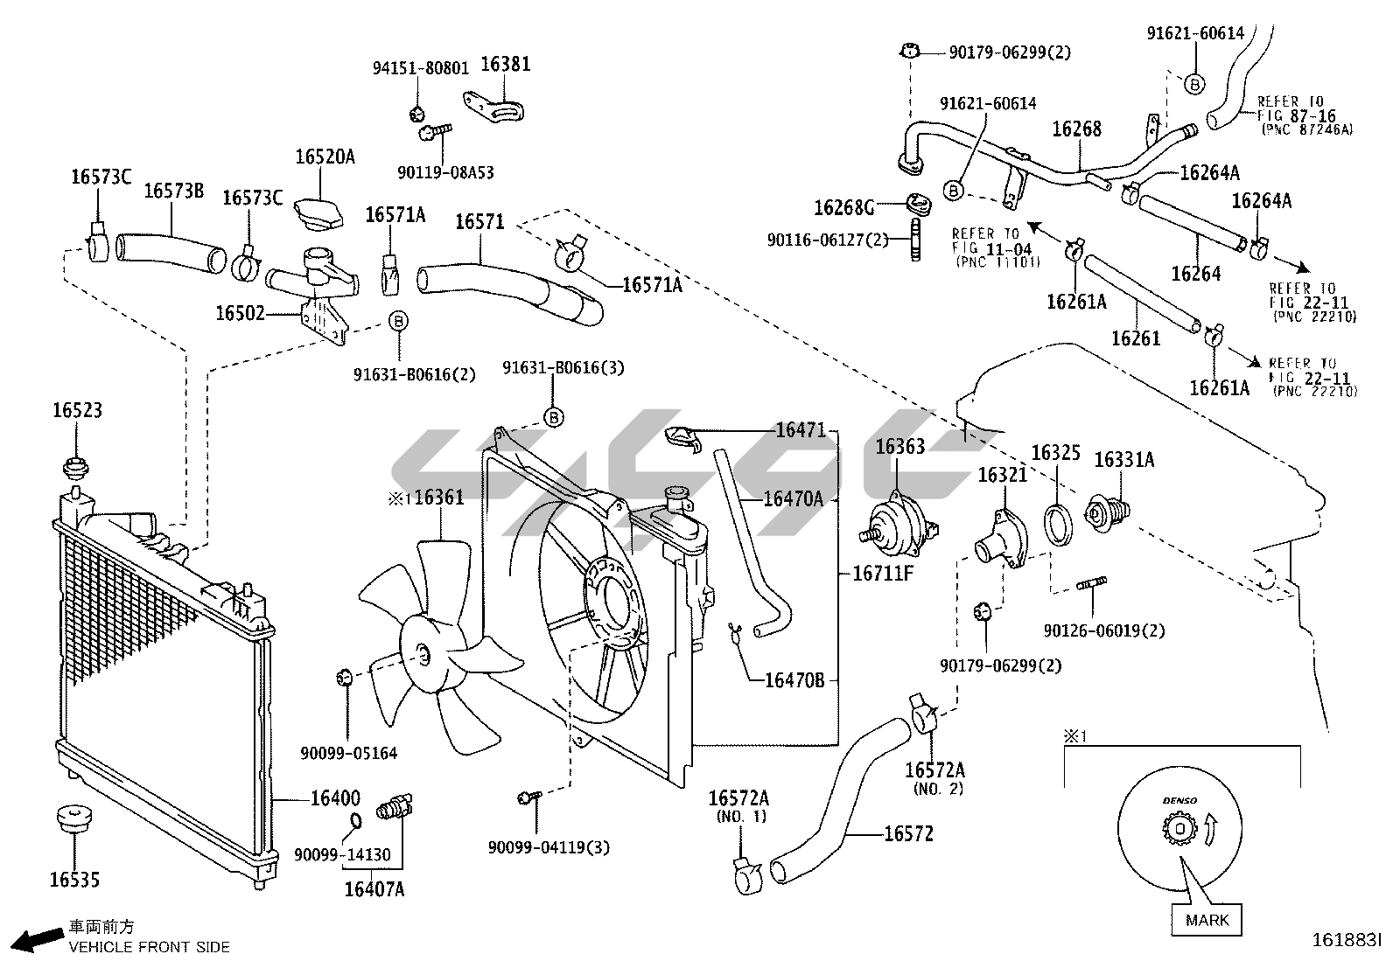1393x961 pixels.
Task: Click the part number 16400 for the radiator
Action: coord(335,798)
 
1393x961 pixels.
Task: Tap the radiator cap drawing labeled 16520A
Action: coord(319,212)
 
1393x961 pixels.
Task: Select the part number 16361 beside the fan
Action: coord(439,498)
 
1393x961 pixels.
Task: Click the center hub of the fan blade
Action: coord(423,655)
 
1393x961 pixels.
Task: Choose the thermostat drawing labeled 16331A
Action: coord(1107,514)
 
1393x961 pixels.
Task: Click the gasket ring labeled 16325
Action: coord(1058,526)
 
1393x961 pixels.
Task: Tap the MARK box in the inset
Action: coord(1207,921)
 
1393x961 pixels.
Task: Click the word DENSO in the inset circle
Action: coord(1179,801)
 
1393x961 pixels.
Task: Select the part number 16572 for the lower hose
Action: coord(908,833)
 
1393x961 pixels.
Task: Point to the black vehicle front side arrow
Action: coord(38,941)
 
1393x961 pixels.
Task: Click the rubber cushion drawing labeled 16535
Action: coord(74,818)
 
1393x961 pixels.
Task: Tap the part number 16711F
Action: coord(883,573)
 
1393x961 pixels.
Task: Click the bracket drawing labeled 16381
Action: coord(493,107)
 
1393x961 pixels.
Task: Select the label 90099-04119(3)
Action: coord(549,847)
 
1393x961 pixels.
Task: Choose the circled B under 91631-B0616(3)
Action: coord(554,417)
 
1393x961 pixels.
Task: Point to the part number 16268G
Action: coord(843,207)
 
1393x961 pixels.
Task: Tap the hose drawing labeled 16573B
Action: coord(171,254)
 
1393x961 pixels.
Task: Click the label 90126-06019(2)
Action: coord(1104,631)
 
